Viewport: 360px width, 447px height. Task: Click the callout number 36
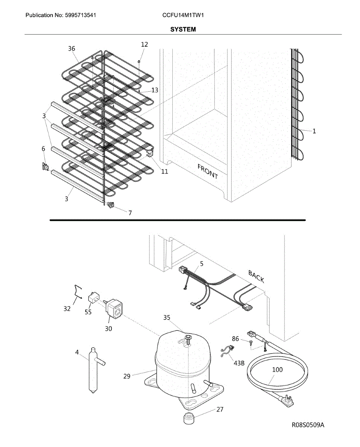point(71,48)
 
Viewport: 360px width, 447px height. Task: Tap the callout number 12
point(144,44)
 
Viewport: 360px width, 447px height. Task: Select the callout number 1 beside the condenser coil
point(314,131)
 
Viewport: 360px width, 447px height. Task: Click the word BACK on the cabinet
point(256,277)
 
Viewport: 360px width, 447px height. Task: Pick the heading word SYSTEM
point(183,29)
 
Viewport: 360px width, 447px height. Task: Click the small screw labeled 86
point(251,342)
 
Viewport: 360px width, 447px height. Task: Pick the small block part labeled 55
point(93,298)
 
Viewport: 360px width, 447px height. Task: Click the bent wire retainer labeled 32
point(77,291)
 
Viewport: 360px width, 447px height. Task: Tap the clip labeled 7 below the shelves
point(110,205)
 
